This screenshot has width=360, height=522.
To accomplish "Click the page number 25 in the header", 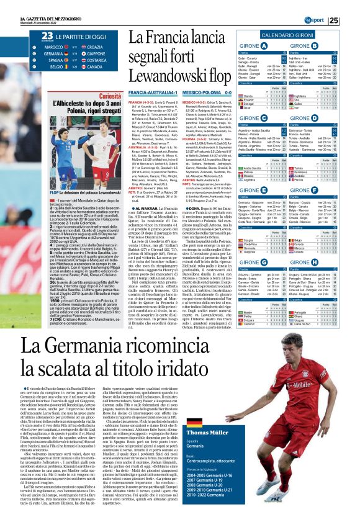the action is click(351, 20).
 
